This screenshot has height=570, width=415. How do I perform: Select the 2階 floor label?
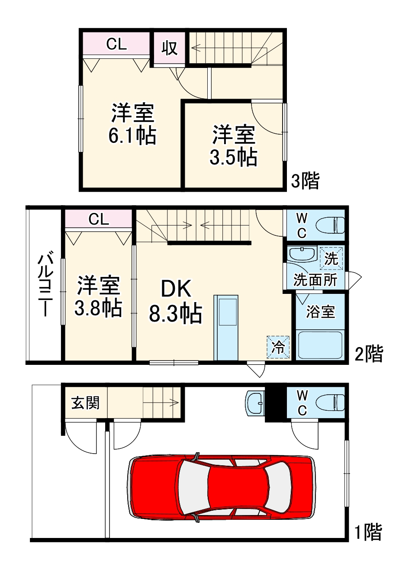(x=369, y=354)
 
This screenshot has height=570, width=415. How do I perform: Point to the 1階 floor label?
(x=368, y=532)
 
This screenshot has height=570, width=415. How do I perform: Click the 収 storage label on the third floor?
(x=169, y=48)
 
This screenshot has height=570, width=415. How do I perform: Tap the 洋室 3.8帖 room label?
(x=98, y=296)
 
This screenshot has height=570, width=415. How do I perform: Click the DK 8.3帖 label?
(x=176, y=301)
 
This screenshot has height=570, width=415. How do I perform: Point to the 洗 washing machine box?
(x=331, y=258)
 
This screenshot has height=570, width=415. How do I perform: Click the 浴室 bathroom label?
(x=321, y=312)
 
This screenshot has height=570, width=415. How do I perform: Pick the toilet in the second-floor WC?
(x=331, y=225)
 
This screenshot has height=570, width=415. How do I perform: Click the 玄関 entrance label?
(x=86, y=403)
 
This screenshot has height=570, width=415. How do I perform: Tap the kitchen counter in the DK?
(x=226, y=328)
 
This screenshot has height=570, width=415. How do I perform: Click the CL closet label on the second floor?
(x=99, y=219)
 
